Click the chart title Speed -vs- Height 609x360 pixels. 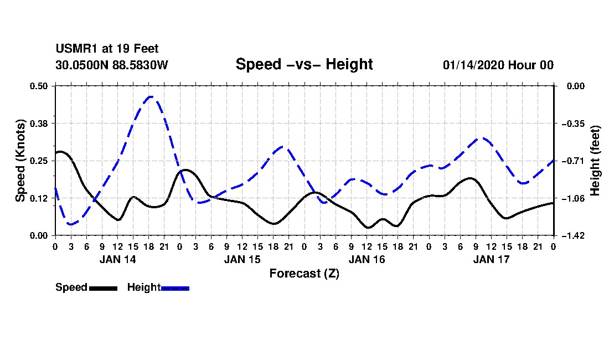(x=304, y=64)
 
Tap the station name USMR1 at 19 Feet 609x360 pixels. (x=107, y=49)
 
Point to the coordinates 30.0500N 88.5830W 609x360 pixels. (x=112, y=65)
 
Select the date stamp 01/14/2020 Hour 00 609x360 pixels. (x=498, y=65)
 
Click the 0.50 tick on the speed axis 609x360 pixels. (x=38, y=86)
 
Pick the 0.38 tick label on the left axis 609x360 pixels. (x=38, y=124)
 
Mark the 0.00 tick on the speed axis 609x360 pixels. (x=38, y=236)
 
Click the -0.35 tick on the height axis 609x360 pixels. (x=573, y=124)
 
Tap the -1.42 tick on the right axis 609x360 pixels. (x=573, y=236)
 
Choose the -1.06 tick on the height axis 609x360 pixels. (x=573, y=198)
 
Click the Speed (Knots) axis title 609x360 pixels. (x=20, y=161)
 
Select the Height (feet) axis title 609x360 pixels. (x=595, y=161)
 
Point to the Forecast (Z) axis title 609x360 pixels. (x=304, y=274)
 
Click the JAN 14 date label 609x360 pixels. (x=118, y=259)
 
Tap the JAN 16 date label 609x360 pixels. (x=367, y=259)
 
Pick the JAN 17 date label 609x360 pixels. (x=491, y=259)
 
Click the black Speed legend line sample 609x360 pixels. (x=103, y=288)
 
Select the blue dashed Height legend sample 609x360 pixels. (x=175, y=288)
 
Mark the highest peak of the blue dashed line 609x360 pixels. (x=151, y=96)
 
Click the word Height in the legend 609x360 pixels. (x=144, y=287)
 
